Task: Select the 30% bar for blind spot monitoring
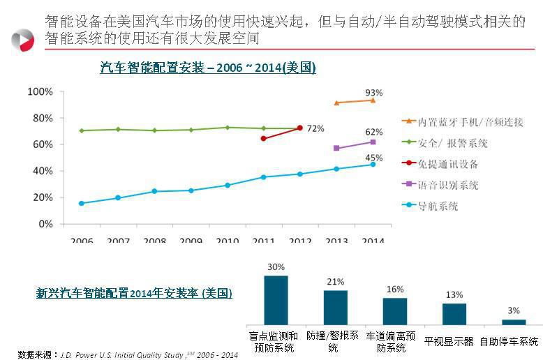[276, 300]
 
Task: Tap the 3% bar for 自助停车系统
[514, 322]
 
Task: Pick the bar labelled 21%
[335, 307]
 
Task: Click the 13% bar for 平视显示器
[454, 314]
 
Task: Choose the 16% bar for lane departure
[395, 311]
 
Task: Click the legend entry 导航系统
[438, 207]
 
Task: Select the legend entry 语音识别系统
[448, 186]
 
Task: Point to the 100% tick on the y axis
[40, 92]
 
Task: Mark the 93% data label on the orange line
[373, 93]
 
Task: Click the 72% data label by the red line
[315, 129]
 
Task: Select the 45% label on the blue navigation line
[373, 158]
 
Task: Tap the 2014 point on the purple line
[373, 142]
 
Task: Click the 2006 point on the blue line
[82, 203]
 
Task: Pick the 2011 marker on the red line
[263, 138]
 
